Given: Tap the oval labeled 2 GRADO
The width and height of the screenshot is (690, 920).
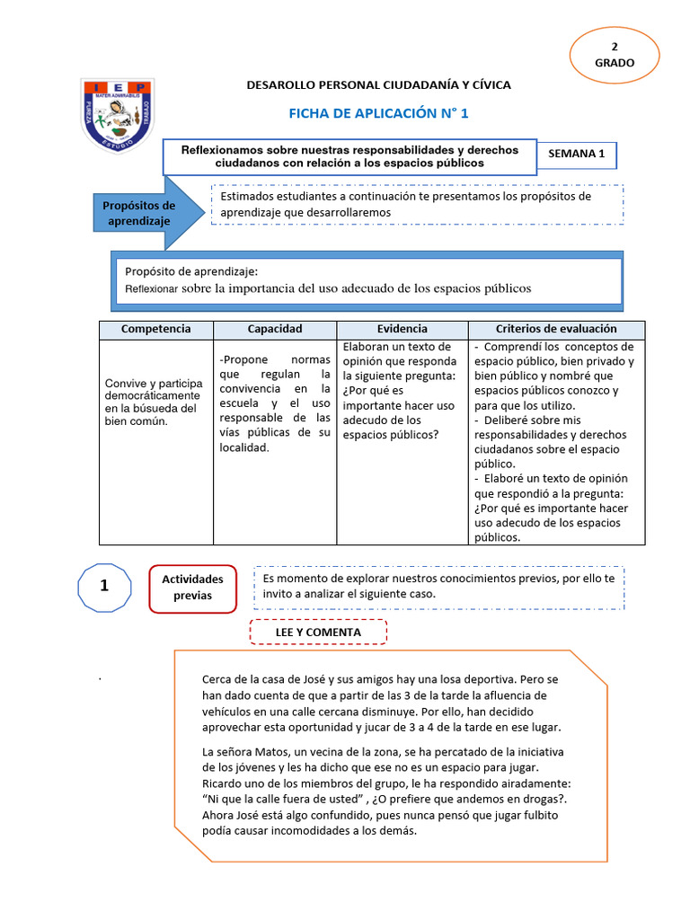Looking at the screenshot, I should click(x=615, y=55).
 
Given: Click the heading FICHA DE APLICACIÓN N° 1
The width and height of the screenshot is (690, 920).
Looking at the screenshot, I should click(x=378, y=113).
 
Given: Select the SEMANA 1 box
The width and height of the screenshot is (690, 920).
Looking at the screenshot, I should click(x=576, y=154).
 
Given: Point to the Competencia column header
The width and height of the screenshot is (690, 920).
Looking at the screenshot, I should click(x=155, y=330).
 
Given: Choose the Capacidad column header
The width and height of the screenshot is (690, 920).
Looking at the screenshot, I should click(x=275, y=330).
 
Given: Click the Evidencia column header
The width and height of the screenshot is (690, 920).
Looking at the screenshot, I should click(x=402, y=330).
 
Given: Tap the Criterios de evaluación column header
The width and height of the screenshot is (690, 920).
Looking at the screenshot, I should click(x=556, y=330).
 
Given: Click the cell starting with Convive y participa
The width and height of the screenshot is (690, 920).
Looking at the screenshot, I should click(x=154, y=402).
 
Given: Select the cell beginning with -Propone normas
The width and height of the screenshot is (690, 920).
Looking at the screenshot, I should click(x=275, y=403).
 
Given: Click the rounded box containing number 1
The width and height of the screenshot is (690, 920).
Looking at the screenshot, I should click(x=104, y=587).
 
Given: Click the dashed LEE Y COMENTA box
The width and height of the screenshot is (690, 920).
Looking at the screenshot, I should click(x=318, y=632).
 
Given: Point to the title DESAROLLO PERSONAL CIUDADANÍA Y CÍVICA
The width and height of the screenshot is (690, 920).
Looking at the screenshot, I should click(x=378, y=84).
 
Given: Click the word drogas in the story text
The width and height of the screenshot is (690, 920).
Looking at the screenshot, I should click(x=543, y=799).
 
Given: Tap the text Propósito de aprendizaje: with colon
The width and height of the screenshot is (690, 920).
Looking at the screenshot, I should click(x=191, y=270).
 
